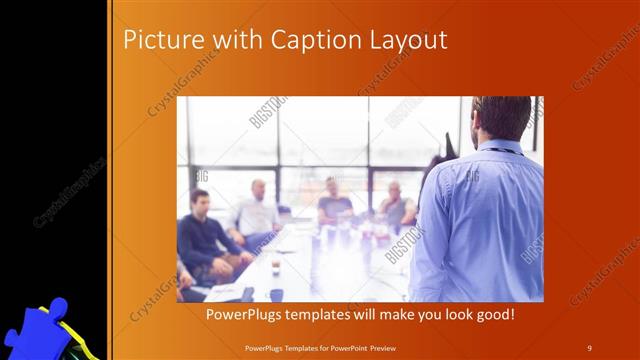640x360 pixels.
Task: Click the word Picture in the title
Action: [x=158, y=40]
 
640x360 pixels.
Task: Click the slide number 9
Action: [x=589, y=346]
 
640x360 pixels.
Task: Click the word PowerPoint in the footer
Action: [x=353, y=346]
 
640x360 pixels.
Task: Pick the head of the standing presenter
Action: [x=502, y=117]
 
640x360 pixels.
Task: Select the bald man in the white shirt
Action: [x=257, y=210]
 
